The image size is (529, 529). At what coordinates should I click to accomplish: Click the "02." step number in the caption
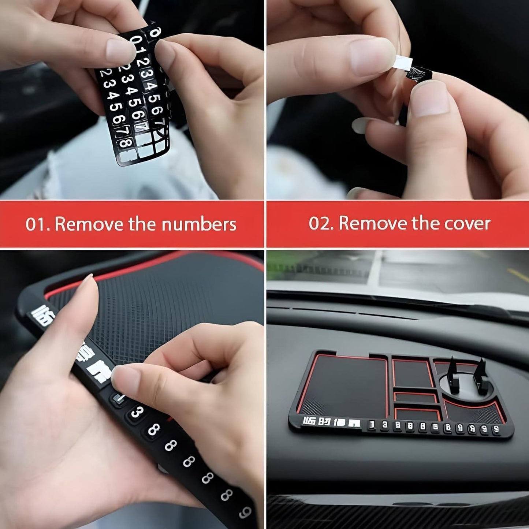click(x=321, y=223)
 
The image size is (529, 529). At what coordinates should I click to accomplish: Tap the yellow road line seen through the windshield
click(x=518, y=275)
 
